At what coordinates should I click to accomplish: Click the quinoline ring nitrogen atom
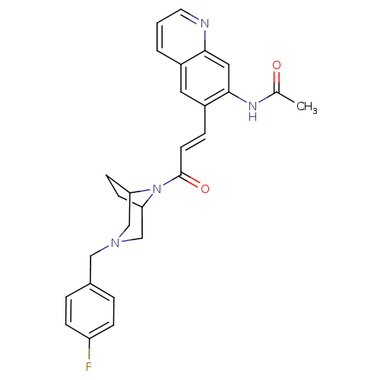coord(204,24)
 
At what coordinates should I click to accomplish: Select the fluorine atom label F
coord(89,366)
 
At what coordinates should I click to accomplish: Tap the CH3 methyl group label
coord(306,106)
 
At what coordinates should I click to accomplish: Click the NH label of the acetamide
coord(252,111)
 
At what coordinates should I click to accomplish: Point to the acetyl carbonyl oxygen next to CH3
coord(277,65)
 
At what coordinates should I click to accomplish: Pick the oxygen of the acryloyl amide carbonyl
coord(205,188)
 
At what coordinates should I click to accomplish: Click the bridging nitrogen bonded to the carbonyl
coord(157,189)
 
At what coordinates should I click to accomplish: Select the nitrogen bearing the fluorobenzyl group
coord(116,243)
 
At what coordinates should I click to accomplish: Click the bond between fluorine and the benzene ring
coord(89,350)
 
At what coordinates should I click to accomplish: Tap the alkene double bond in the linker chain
coord(193,141)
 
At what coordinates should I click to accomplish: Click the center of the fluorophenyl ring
coord(90,311)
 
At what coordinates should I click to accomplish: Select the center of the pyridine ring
coord(181,36)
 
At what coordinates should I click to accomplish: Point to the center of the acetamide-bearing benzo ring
coord(205,78)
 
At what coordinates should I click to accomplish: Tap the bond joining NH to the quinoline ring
coord(238,97)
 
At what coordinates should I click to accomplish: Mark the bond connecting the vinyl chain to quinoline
coord(204,119)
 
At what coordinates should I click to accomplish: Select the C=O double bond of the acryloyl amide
coord(191,180)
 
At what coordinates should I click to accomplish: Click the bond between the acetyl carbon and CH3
coord(286,97)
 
